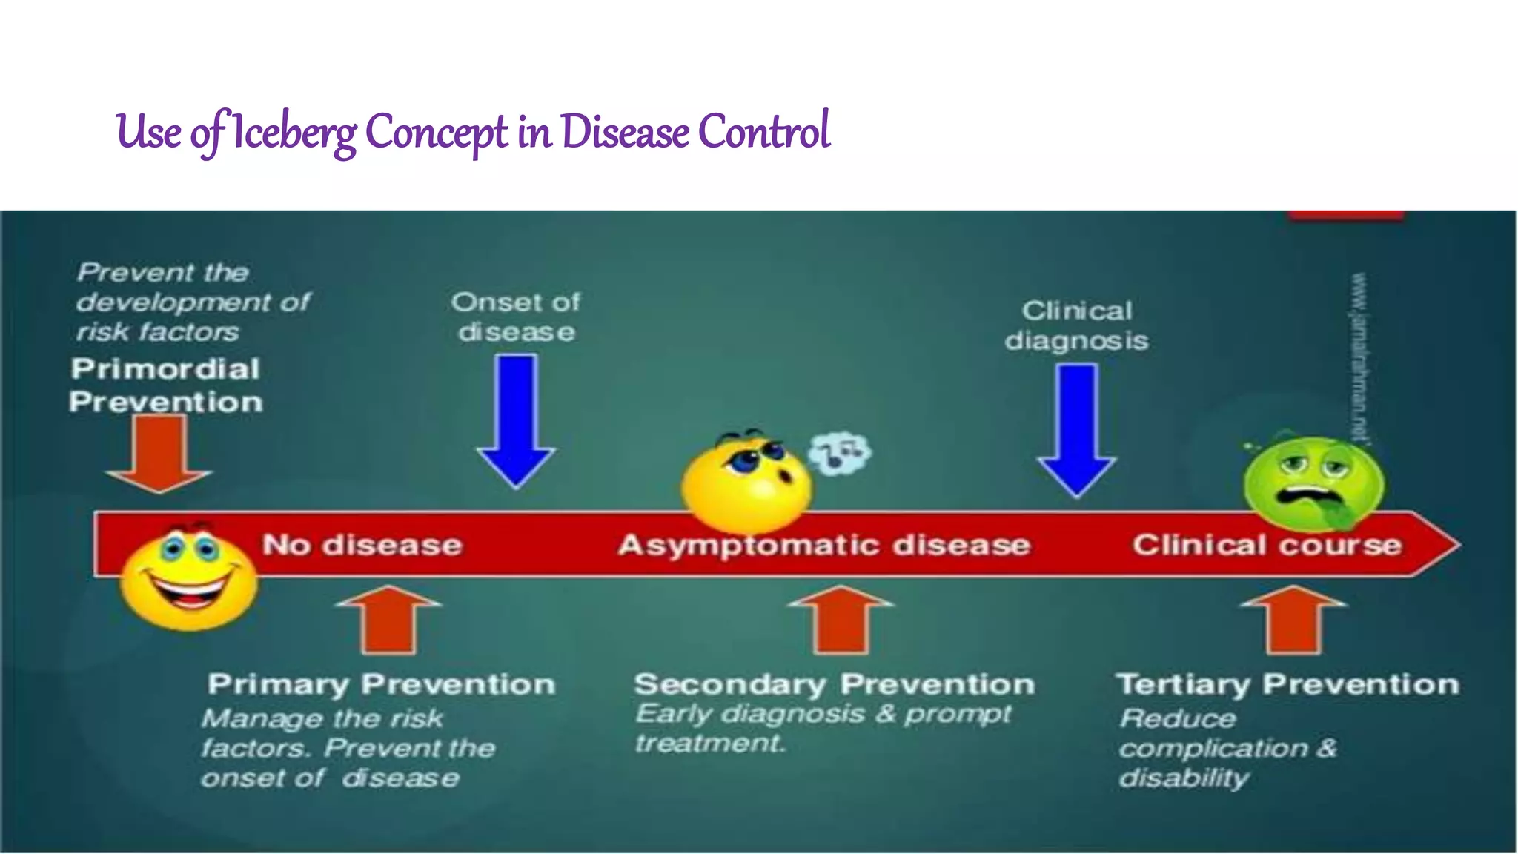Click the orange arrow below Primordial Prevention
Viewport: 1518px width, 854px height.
pos(159,452)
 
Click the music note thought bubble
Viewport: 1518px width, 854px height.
pos(840,452)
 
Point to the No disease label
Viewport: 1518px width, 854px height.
pos(362,545)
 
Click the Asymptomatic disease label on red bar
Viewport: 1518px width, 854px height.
pos(824,545)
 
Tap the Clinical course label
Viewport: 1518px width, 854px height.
pos(1267,545)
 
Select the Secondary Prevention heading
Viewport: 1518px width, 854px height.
pos(835,683)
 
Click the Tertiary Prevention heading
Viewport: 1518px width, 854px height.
pos(1287,683)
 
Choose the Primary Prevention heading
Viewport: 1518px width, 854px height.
pos(382,683)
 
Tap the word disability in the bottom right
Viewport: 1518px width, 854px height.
pos(1184,778)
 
